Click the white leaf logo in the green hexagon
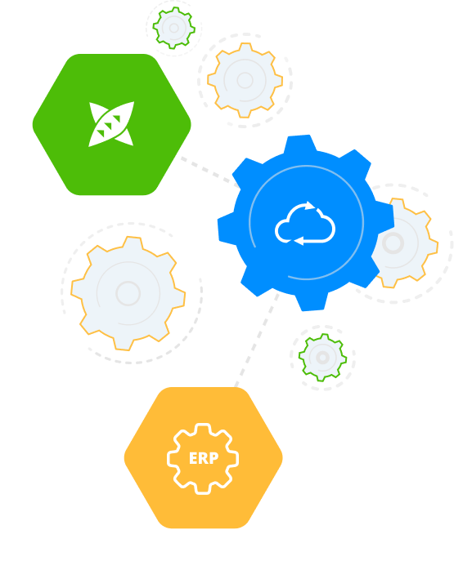click(x=111, y=124)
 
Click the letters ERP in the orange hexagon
click(x=204, y=458)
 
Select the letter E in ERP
click(x=193, y=458)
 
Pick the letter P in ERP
click(x=214, y=458)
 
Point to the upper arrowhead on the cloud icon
click(x=310, y=205)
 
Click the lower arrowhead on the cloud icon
click(x=299, y=241)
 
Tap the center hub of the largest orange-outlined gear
click(x=128, y=293)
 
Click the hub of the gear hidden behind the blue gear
click(x=393, y=243)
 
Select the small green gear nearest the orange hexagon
click(x=322, y=358)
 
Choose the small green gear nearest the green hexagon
click(x=174, y=28)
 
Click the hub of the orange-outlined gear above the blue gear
click(x=245, y=80)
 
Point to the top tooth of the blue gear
click(x=300, y=143)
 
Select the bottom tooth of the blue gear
click(x=312, y=302)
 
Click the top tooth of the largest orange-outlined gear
click(x=132, y=243)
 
